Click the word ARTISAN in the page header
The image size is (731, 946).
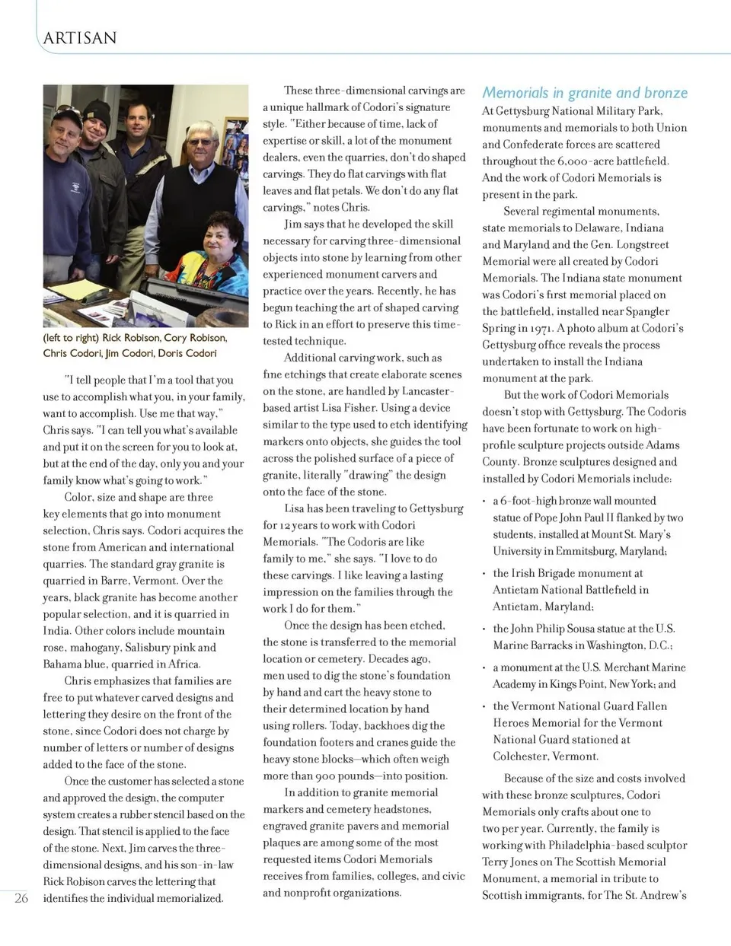point(80,38)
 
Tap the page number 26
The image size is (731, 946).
point(21,898)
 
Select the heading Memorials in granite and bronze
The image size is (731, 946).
point(584,93)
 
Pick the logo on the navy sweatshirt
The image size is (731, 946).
point(75,186)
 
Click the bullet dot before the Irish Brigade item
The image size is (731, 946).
point(485,573)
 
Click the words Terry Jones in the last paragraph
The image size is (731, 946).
point(509,862)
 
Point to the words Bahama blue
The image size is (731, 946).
point(74,664)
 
